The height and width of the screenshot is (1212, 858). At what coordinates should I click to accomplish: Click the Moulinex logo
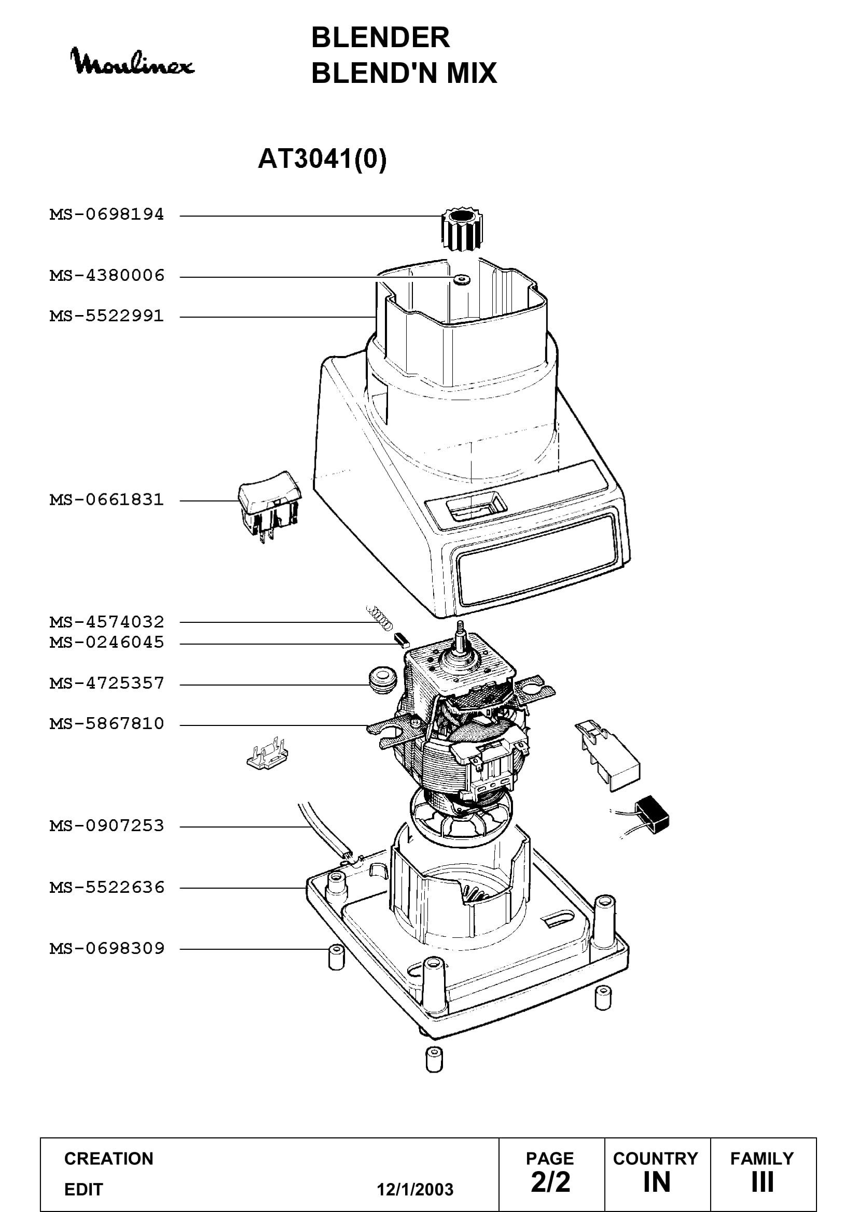click(133, 62)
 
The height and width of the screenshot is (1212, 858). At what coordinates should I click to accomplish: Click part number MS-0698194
click(107, 215)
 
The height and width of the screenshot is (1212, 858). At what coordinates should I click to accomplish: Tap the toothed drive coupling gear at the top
click(462, 229)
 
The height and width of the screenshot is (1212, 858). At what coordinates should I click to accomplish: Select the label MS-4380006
click(107, 276)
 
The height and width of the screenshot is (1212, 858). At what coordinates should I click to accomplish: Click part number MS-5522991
click(107, 316)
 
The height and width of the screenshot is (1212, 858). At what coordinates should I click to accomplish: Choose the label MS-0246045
click(107, 643)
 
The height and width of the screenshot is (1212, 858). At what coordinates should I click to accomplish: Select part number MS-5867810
click(107, 723)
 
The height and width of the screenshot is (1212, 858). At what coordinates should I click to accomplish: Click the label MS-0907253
click(107, 825)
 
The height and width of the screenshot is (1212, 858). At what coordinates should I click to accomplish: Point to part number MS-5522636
click(107, 887)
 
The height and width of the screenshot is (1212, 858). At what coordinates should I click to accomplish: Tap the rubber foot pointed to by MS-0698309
click(337, 958)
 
